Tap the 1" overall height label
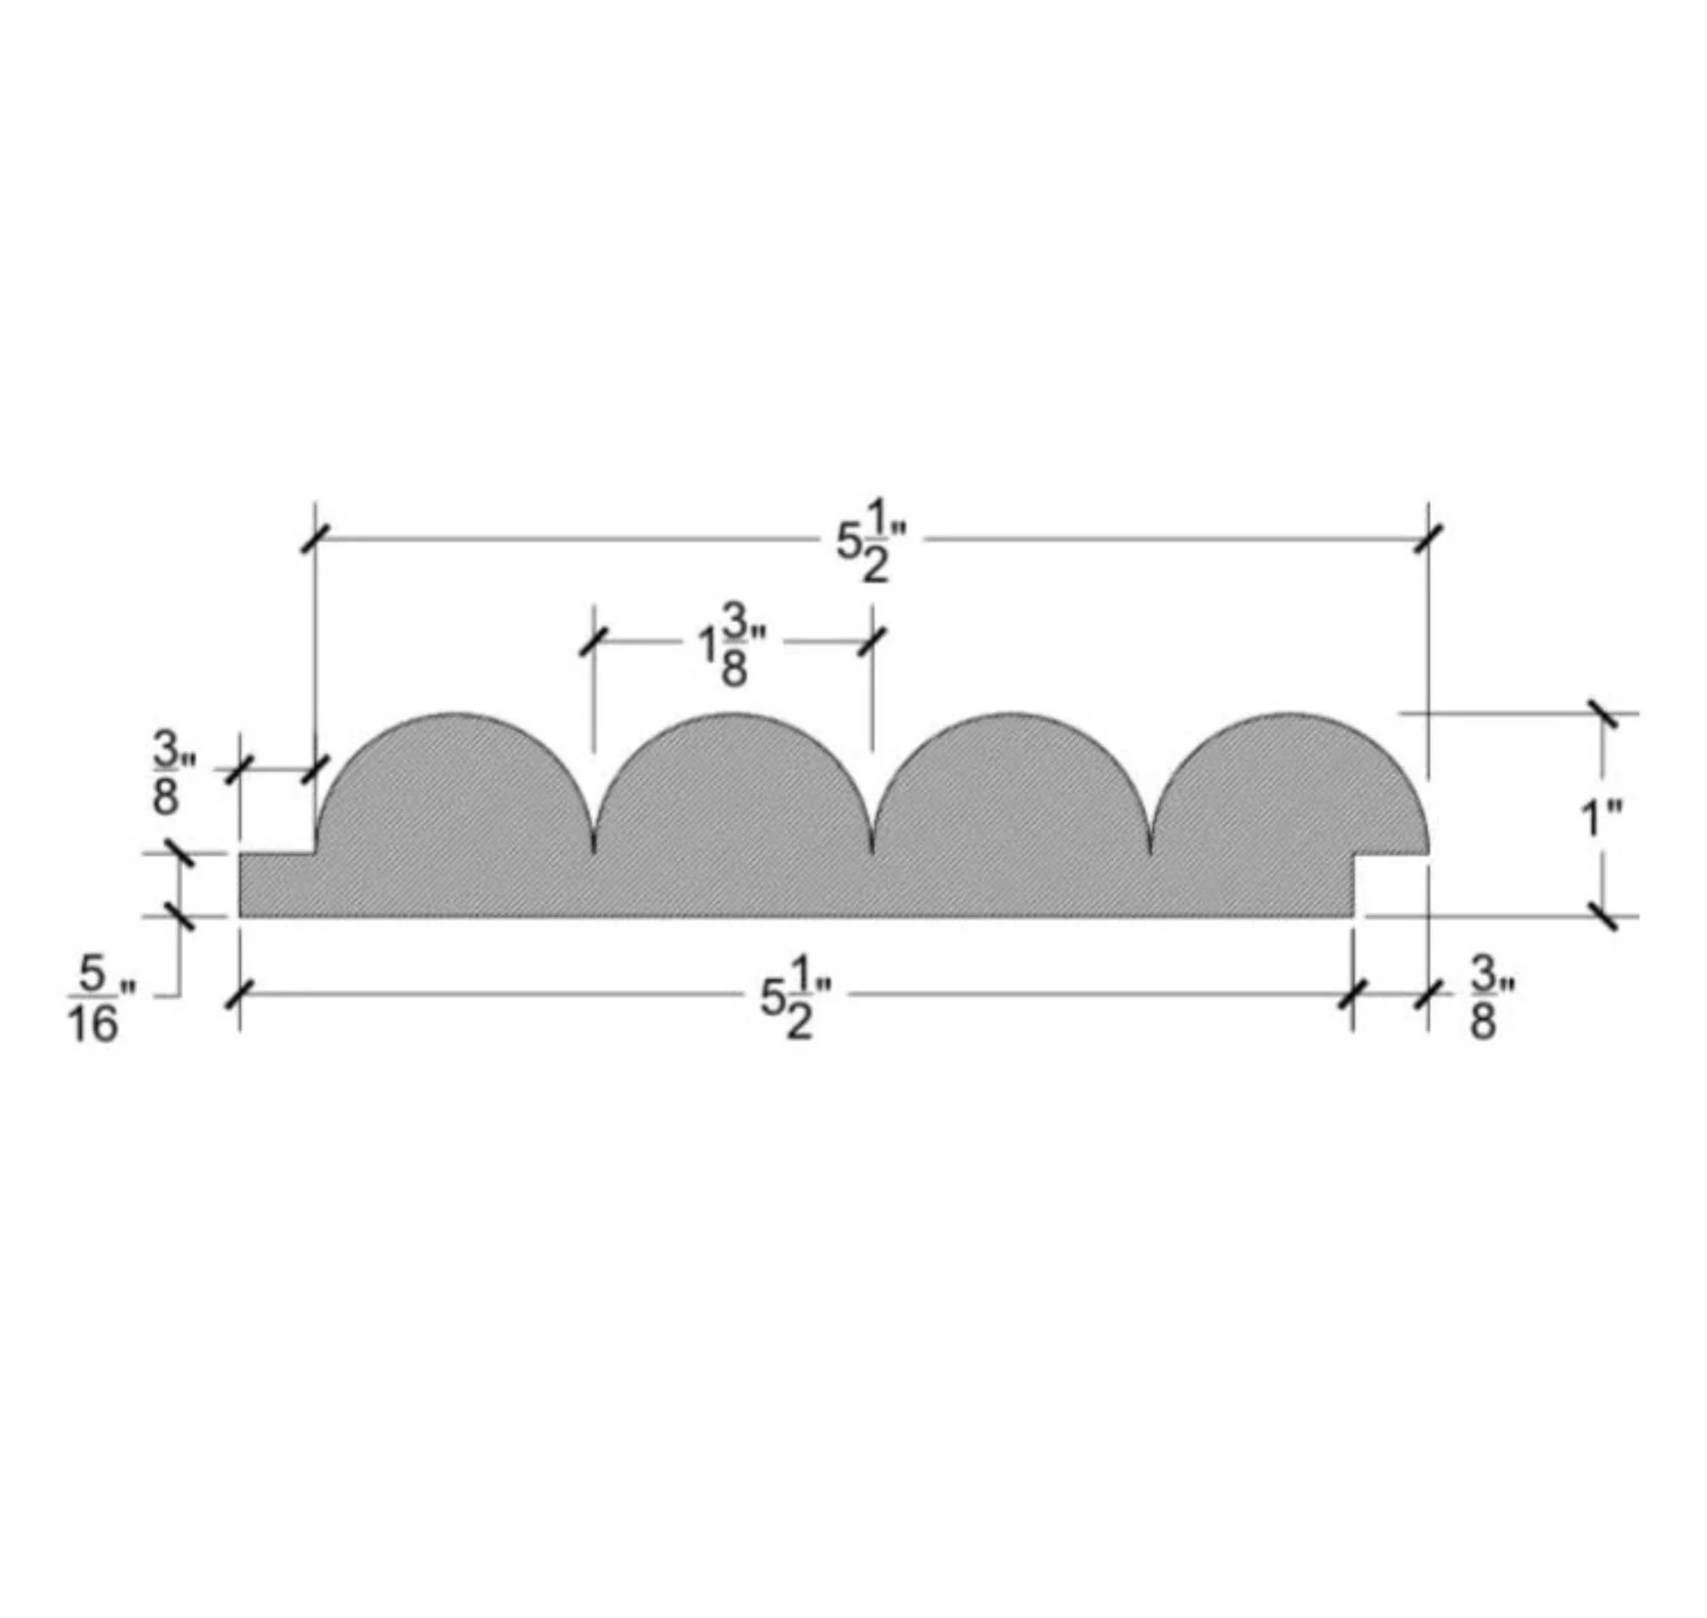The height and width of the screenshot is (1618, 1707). coord(1602,818)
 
